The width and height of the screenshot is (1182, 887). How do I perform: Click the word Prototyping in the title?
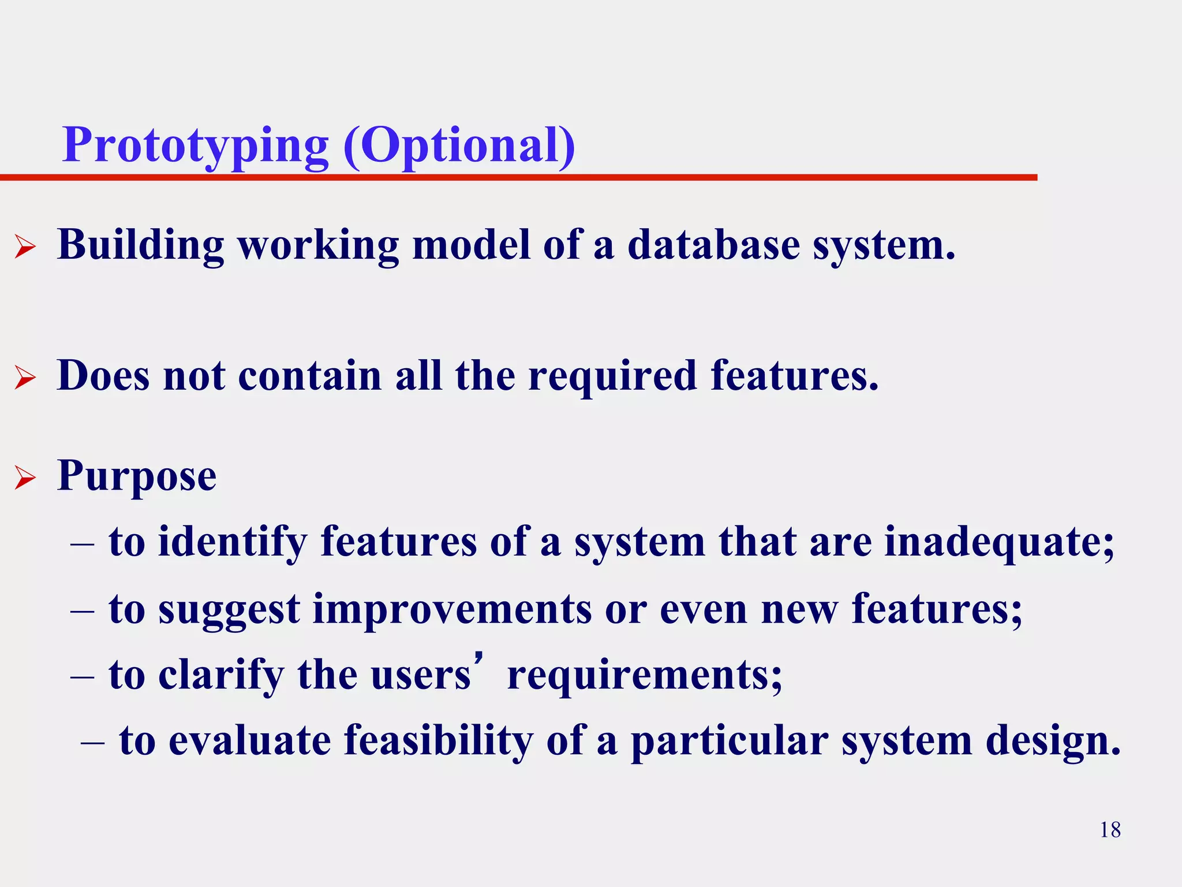coord(195,146)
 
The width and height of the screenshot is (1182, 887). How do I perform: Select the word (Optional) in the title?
coord(459,146)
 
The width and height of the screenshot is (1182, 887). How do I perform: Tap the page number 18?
coord(1110,830)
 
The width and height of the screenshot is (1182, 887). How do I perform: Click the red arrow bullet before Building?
coord(25,248)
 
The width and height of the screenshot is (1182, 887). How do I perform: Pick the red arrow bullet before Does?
coord(25,378)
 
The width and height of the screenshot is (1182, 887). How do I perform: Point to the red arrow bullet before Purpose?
coord(25,478)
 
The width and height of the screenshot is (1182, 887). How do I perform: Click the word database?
coord(713,245)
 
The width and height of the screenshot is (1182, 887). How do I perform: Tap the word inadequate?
coord(999,542)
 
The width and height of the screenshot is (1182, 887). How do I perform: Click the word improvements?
coord(452,609)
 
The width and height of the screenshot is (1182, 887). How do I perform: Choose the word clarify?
coord(221,675)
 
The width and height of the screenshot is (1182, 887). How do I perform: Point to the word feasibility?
coord(439,741)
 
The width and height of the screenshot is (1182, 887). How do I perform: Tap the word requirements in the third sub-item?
coord(645,675)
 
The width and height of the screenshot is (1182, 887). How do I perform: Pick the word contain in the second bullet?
coord(310,376)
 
